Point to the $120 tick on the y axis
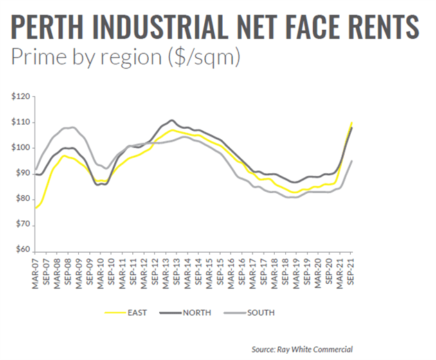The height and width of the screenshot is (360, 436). coord(21,96)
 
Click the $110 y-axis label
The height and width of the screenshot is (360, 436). coord(21,122)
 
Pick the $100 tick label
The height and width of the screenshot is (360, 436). coord(21,147)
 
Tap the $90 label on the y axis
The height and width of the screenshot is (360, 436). coord(22,173)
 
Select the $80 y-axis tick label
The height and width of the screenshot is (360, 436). coord(22,199)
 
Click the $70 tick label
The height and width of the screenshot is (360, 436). coord(22,224)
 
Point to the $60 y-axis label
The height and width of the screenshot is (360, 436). coord(22,250)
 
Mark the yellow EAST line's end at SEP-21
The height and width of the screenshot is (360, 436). coord(352,123)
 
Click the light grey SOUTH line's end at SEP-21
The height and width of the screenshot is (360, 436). coord(352,161)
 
